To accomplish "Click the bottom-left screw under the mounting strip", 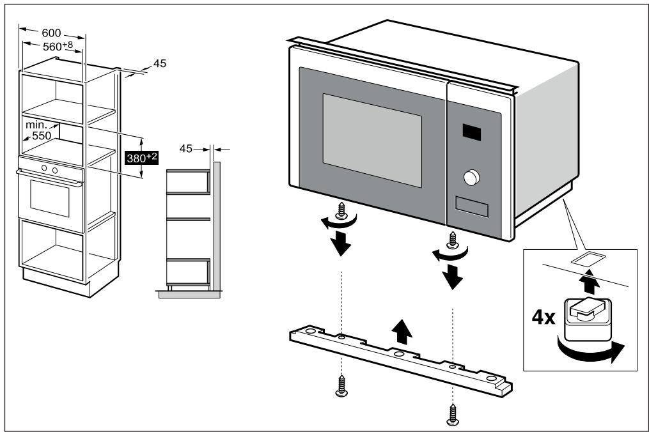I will (x=340, y=387).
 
